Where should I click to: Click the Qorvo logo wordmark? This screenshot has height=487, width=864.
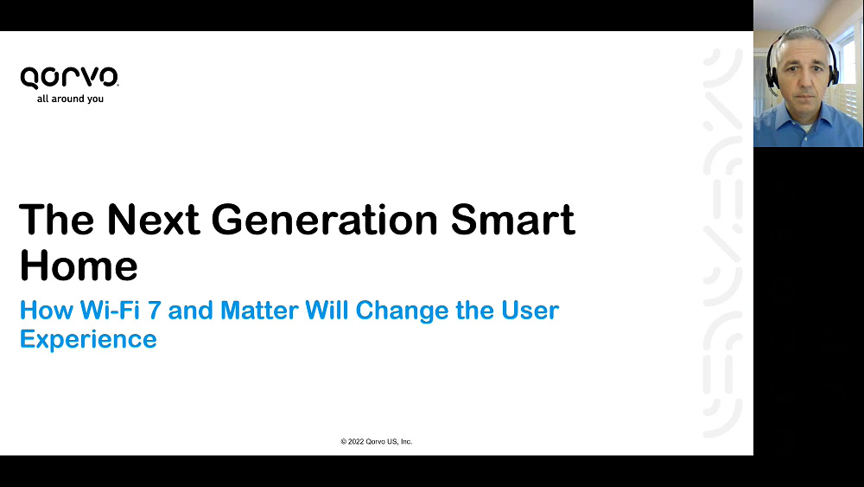69,78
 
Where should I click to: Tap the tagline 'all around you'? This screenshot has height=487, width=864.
70,99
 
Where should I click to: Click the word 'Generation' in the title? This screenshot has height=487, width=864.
325,220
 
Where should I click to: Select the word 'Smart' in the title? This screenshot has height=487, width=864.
513,220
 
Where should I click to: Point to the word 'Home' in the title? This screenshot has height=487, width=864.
79,266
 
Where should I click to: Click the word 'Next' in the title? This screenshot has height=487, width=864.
153,220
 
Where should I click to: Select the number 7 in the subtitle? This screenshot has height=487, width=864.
155,310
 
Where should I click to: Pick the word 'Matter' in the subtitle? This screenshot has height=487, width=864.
259,310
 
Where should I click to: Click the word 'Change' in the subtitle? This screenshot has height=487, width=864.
403,311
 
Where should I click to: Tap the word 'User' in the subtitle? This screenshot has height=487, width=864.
530,310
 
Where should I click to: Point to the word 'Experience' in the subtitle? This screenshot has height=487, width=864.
88,340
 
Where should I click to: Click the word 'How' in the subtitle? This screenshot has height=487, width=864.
47,310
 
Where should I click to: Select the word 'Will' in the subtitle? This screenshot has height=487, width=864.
327,310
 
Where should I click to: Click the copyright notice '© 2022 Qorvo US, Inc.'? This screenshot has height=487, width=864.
377,441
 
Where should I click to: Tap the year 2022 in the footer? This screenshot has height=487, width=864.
356,441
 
